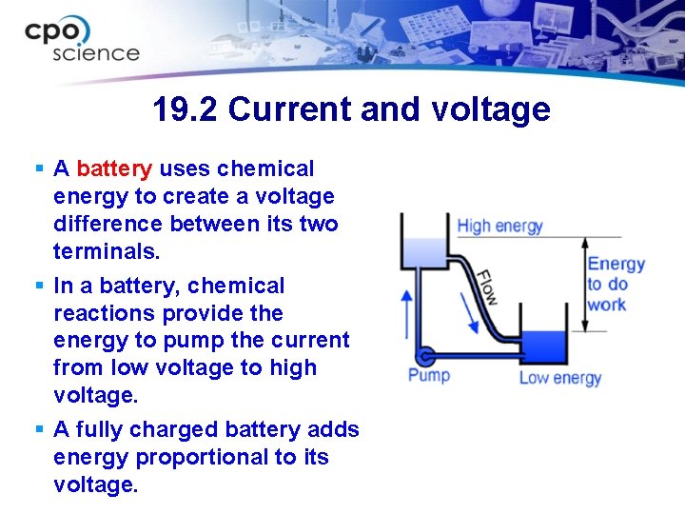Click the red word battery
[113, 169]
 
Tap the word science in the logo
[96, 53]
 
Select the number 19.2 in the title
[186, 110]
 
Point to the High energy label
[499, 227]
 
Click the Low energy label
[560, 378]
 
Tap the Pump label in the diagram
[429, 375]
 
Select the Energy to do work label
[615, 284]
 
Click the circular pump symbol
[426, 356]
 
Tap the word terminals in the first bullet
[108, 251]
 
